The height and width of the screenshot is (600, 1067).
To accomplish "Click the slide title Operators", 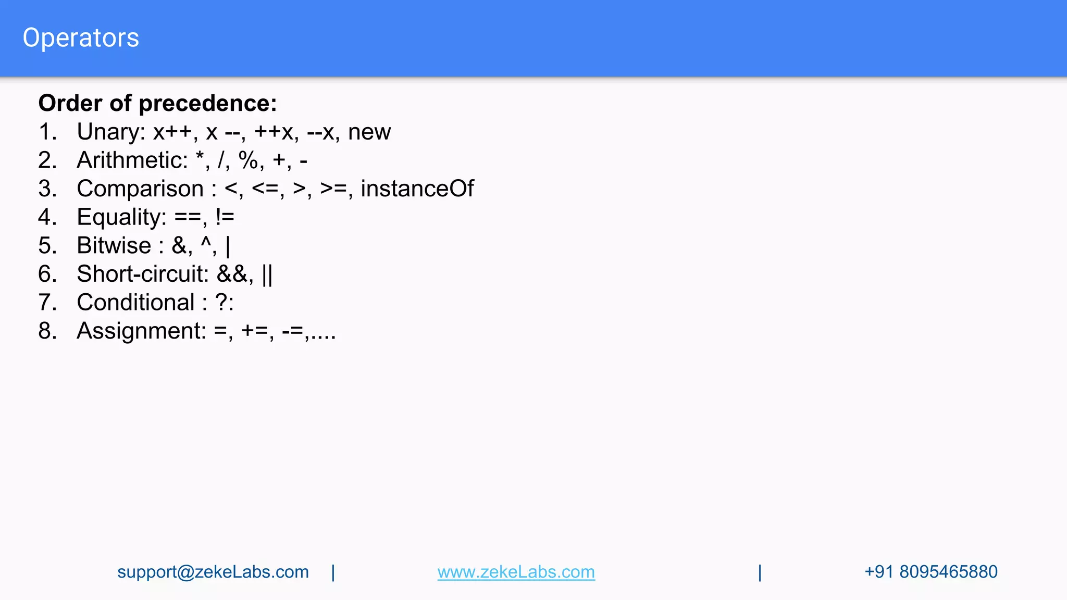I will pyautogui.click(x=81, y=38).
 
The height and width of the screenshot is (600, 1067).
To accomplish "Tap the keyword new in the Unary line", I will pyautogui.click(x=369, y=132).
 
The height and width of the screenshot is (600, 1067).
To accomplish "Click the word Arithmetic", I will pyautogui.click(x=132, y=160).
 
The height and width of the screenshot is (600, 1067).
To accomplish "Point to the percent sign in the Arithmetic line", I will pyautogui.click(x=248, y=160).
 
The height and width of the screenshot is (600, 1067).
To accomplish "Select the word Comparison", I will pyautogui.click(x=140, y=189).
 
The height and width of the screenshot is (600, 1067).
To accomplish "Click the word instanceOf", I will pyautogui.click(x=417, y=189).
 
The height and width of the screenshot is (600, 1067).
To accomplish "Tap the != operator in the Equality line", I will pyautogui.click(x=225, y=218).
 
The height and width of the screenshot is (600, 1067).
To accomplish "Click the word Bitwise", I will pyautogui.click(x=114, y=246).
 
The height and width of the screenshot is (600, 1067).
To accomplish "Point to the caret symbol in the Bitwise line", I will pyautogui.click(x=206, y=243).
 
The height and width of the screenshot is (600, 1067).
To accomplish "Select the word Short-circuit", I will pyautogui.click(x=142, y=274).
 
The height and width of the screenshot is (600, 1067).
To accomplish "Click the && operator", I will pyautogui.click(x=232, y=274).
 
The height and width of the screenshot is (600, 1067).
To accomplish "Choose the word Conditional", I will pyautogui.click(x=135, y=303).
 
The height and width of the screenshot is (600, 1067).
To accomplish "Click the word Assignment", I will pyautogui.click(x=141, y=331).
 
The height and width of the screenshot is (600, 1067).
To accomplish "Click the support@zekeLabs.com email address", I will pyautogui.click(x=213, y=572).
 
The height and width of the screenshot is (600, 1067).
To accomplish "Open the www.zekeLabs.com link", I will pyautogui.click(x=516, y=572).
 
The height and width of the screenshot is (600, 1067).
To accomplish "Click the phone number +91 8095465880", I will pyautogui.click(x=930, y=572).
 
